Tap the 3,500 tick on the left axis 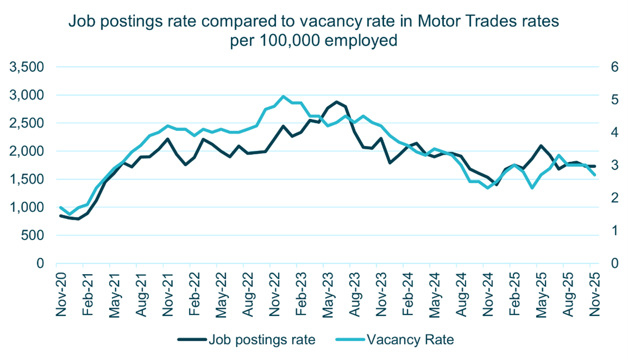click(x=26, y=67)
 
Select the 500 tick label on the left click(x=33, y=235)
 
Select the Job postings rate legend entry click(x=247, y=340)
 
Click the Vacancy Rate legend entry click(x=394, y=340)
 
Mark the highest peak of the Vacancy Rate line click(x=283, y=96)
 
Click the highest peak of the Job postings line click(x=337, y=102)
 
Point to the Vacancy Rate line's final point click(x=595, y=175)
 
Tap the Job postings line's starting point click(x=61, y=216)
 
